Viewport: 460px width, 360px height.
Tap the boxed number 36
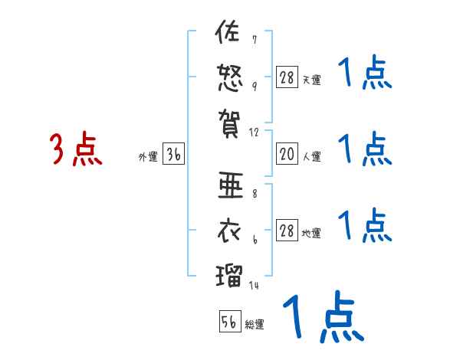173,155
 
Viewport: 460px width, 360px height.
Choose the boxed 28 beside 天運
286,77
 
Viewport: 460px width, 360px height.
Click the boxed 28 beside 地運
286,231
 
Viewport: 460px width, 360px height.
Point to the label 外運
148,157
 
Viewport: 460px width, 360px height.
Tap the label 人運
312,157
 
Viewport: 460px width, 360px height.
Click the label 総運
255,324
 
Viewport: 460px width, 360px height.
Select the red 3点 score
77,150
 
